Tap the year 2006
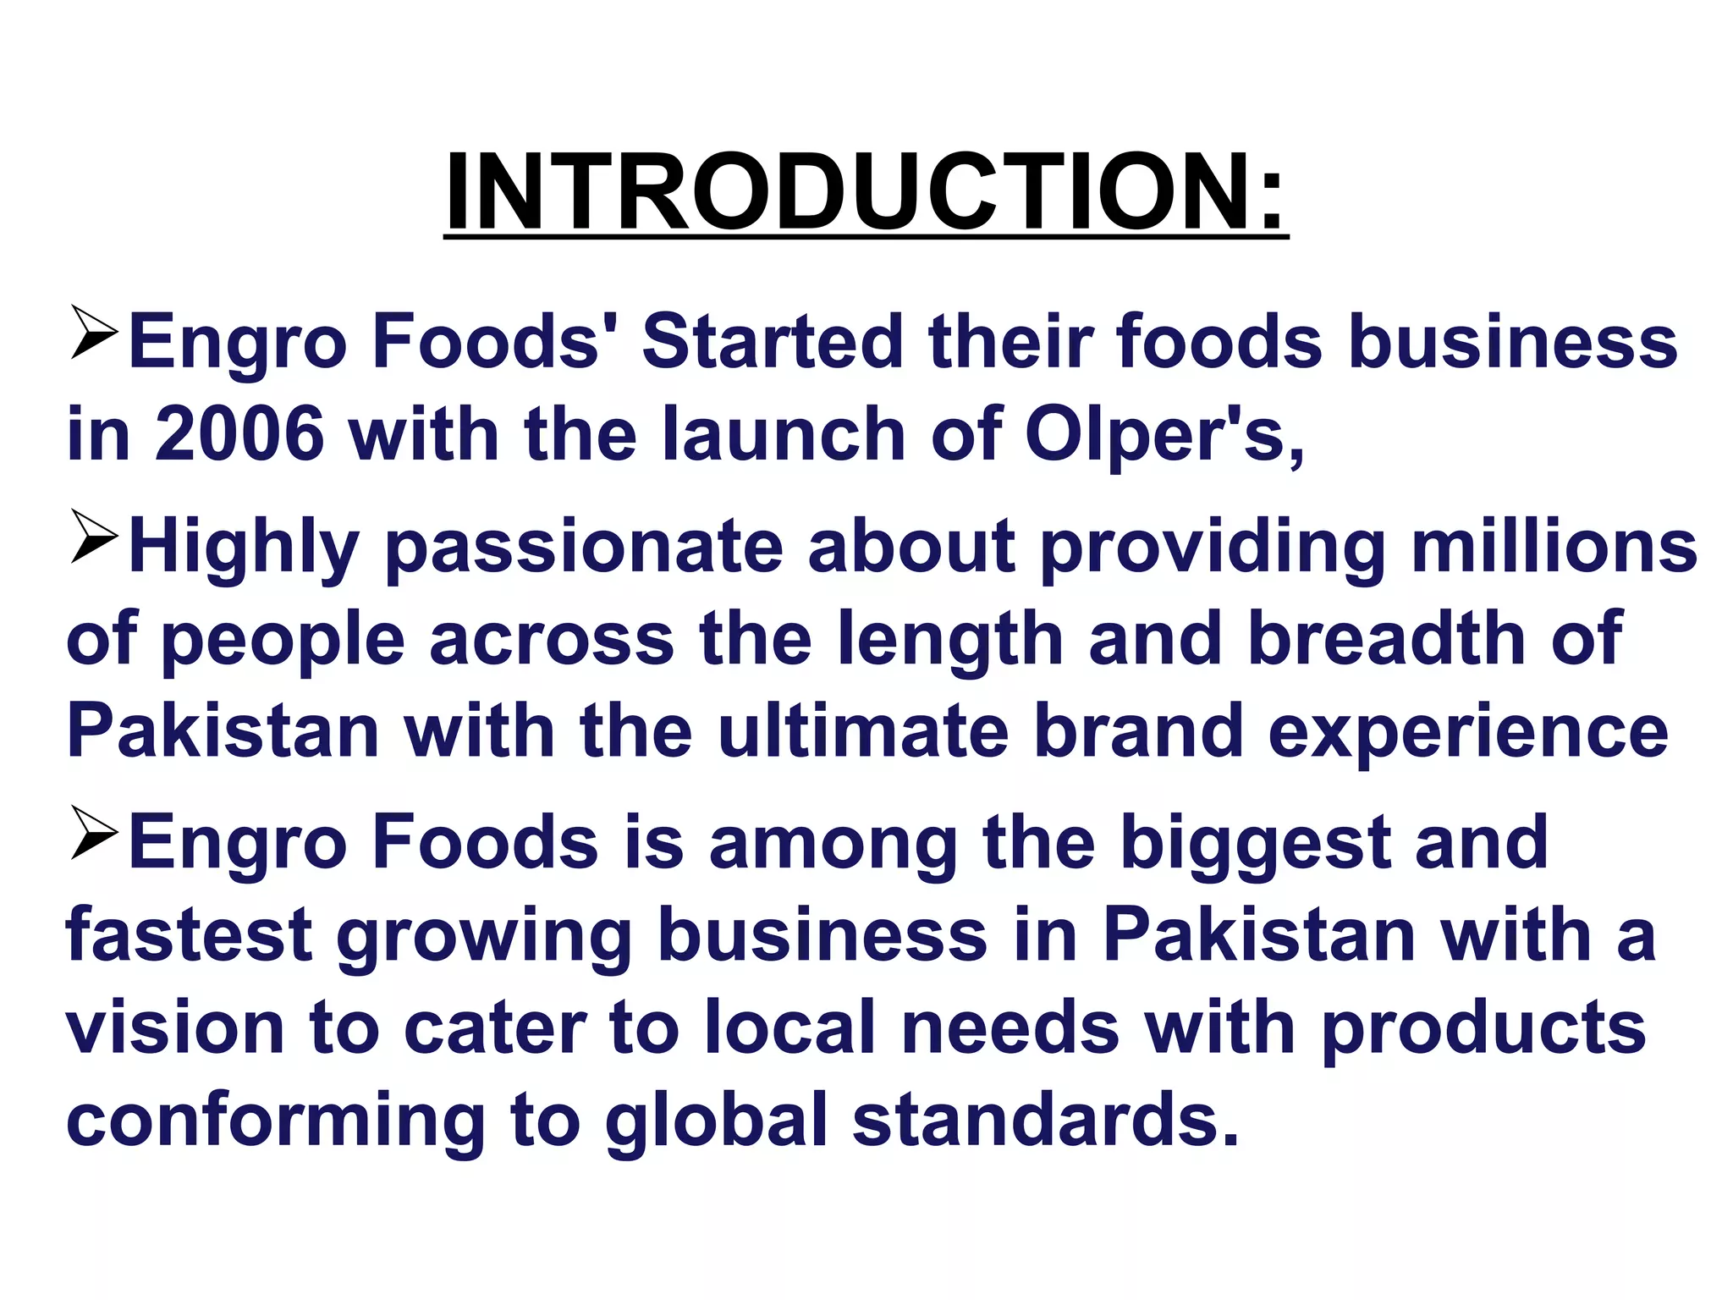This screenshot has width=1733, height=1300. coord(239,434)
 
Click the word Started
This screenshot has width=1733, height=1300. coord(773,342)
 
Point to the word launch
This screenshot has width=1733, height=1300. coord(784,434)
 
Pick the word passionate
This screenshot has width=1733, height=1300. coord(584,548)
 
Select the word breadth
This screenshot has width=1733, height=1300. coord(1387,639)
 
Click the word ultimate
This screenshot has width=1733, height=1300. coord(863,731)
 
